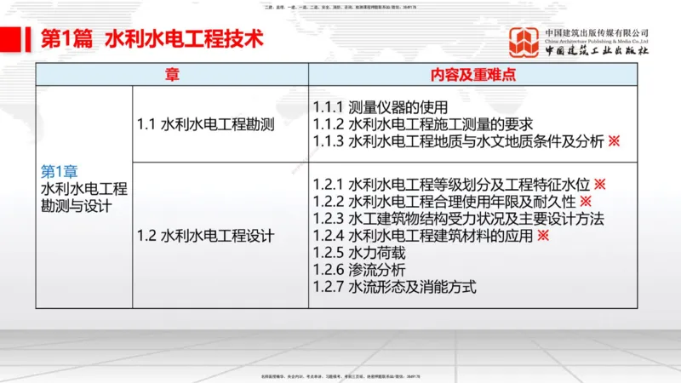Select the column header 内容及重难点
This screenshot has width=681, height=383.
(475, 75)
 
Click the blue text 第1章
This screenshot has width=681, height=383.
(60, 170)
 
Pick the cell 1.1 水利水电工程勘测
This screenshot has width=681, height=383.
(206, 125)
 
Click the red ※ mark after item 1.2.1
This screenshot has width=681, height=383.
(599, 184)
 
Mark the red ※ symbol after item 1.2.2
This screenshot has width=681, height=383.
(586, 201)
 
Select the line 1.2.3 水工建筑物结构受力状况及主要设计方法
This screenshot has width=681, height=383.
(458, 218)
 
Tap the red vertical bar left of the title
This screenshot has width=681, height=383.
(21, 39)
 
